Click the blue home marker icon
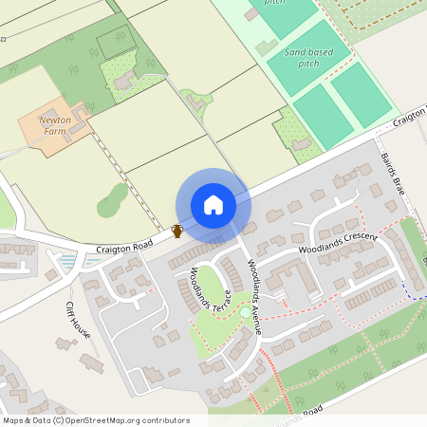pyautogui.click(x=213, y=205)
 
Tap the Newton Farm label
pyautogui.click(x=55, y=126)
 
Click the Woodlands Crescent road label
pyautogui.click(x=337, y=243)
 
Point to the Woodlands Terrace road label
pyautogui.click(x=206, y=290)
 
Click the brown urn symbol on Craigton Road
pyautogui.click(x=176, y=231)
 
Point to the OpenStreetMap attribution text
pyautogui.click(x=95, y=420)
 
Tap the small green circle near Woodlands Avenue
pyautogui.click(x=245, y=311)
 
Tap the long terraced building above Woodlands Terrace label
pyautogui.click(x=195, y=252)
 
